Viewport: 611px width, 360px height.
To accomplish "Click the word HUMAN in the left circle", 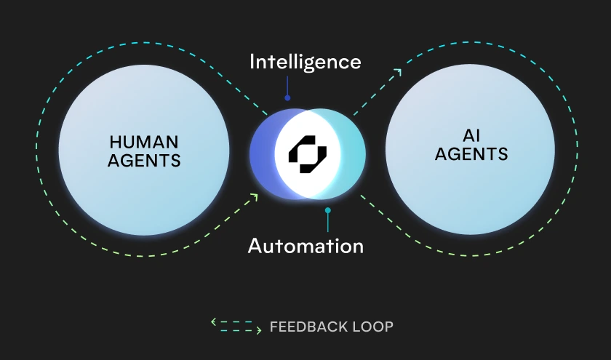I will (x=144, y=141).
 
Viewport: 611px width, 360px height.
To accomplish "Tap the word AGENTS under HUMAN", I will (x=144, y=159).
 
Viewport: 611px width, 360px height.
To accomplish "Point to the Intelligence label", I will (x=305, y=62).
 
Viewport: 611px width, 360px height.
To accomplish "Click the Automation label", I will (x=305, y=246).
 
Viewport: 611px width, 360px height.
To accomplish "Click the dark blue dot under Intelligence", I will (x=287, y=97).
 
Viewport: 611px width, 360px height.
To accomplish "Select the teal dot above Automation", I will (x=328, y=211).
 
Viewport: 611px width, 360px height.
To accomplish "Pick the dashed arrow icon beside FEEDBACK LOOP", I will (x=236, y=326).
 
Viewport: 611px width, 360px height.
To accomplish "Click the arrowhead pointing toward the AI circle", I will (x=398, y=71).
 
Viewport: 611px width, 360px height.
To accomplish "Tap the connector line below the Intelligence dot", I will (x=287, y=106).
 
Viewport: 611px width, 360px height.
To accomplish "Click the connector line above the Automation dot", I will (x=328, y=201).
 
